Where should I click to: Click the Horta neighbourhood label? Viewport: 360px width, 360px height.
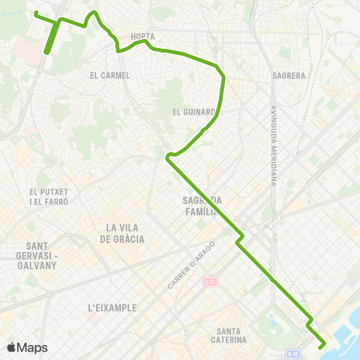[x=142, y=35]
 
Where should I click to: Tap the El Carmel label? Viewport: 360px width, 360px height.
[x=109, y=75]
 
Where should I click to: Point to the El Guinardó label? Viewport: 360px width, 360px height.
[x=194, y=113]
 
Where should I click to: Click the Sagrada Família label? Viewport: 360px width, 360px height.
[x=199, y=205]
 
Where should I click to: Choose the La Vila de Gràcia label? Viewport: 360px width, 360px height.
[x=125, y=233]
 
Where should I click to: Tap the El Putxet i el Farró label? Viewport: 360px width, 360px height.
[x=49, y=197]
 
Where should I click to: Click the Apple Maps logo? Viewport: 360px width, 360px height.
[x=27, y=347]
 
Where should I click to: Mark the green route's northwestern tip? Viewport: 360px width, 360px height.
[x=36, y=13]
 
